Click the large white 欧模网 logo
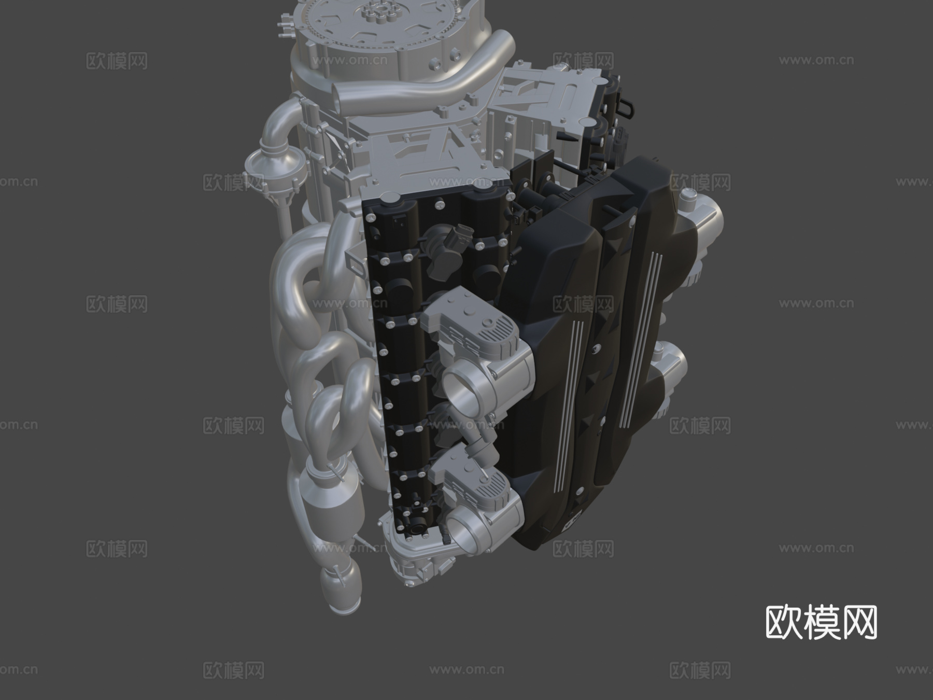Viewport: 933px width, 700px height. pos(821,622)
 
